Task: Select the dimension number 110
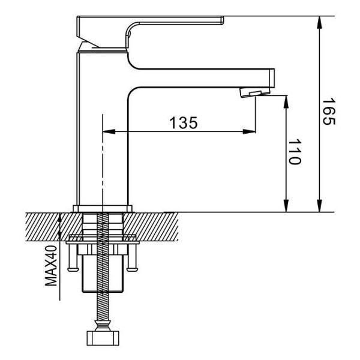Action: (295, 153)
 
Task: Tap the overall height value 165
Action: (328, 112)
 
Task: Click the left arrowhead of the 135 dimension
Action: (109, 132)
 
